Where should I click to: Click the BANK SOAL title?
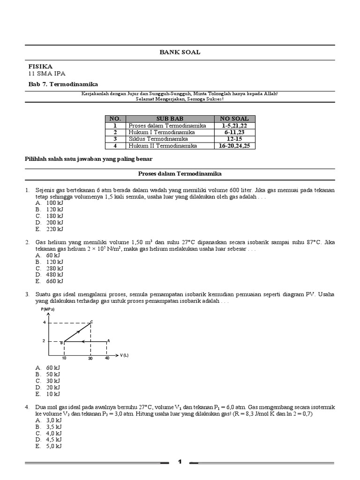[x=180, y=52]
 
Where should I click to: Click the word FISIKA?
[x=40, y=67]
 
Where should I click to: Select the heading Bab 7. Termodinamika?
[x=63, y=84]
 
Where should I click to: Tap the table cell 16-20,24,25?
[x=234, y=146]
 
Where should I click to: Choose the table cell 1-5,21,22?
[x=234, y=126]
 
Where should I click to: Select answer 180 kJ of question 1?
[x=54, y=216]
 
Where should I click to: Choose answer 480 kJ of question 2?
[x=54, y=275]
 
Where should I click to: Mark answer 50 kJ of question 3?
[x=53, y=375]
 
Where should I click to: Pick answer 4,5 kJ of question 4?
[x=54, y=440]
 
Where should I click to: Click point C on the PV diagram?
[x=91, y=322]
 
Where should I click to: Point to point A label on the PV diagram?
[x=109, y=341]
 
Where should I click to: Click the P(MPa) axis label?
[x=47, y=310]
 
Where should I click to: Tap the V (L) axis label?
[x=124, y=355]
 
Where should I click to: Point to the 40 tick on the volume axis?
[x=107, y=359]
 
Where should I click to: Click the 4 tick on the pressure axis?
[x=44, y=322]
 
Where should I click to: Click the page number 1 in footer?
[x=180, y=463]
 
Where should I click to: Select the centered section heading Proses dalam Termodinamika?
[x=180, y=174]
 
